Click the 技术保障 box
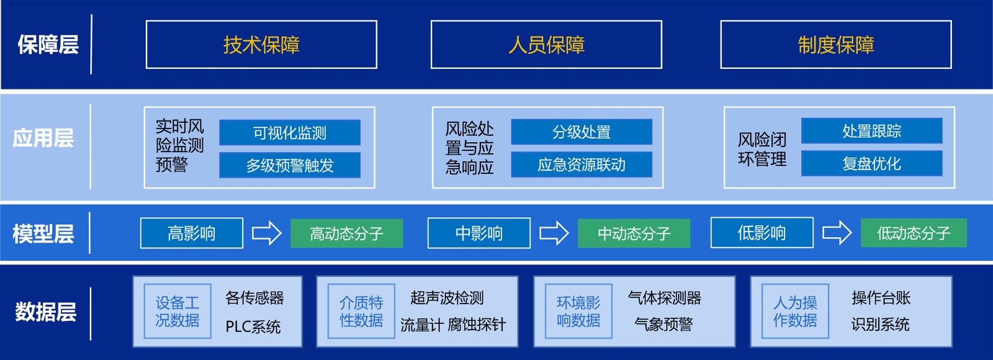click(261, 45)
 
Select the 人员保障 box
click(546, 45)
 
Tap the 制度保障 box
click(835, 45)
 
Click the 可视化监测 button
click(290, 133)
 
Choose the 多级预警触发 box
click(290, 165)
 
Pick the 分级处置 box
click(582, 132)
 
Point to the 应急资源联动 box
click(582, 164)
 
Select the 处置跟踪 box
click(871, 131)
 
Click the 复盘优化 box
click(871, 163)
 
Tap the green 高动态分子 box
click(346, 233)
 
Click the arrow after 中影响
click(554, 233)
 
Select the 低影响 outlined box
click(762, 233)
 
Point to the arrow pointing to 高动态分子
click(266, 233)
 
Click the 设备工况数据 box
click(177, 311)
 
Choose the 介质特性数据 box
click(361, 311)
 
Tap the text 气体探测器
click(664, 298)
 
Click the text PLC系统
click(253, 326)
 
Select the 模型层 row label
click(43, 233)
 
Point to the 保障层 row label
click(48, 45)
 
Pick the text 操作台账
click(881, 298)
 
